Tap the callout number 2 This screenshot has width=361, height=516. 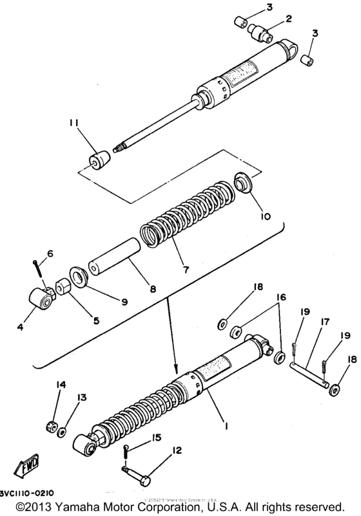(288, 19)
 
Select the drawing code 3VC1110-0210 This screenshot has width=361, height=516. (26, 492)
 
